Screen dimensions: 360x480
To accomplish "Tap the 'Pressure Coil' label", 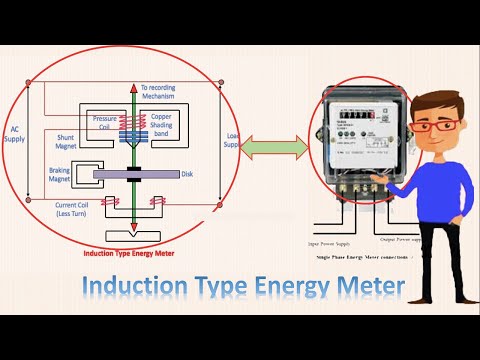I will [x=106, y=123].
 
